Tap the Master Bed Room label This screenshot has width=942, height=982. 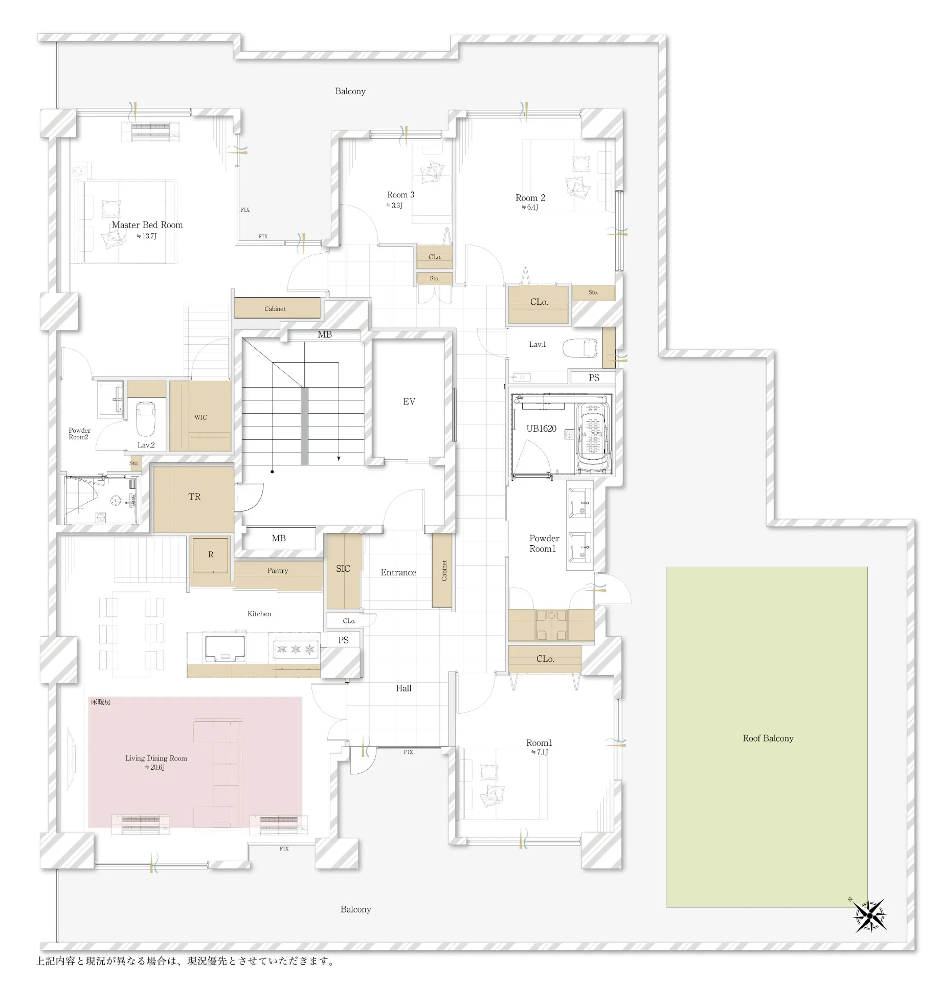pos(147,225)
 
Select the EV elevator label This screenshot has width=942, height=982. pos(409,401)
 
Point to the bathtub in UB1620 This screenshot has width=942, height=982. pos(593,437)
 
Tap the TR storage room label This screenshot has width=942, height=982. pos(194,497)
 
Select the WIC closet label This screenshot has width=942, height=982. pos(200,417)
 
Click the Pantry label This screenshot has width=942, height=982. pos(278,571)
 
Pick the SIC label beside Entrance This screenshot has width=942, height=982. pos(343,569)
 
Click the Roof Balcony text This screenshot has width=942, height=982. pos(768,739)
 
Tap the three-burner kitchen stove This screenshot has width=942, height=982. pos(296,650)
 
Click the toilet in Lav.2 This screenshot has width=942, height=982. pos(146,417)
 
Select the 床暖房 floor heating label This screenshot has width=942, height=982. pos(101,702)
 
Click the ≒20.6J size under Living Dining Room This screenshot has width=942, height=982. pos(154,768)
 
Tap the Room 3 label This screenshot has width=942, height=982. pos(401,195)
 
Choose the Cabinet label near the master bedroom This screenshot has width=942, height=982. pos(275,309)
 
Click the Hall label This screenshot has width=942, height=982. pos(403,688)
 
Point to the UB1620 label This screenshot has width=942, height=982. pos(542,429)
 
